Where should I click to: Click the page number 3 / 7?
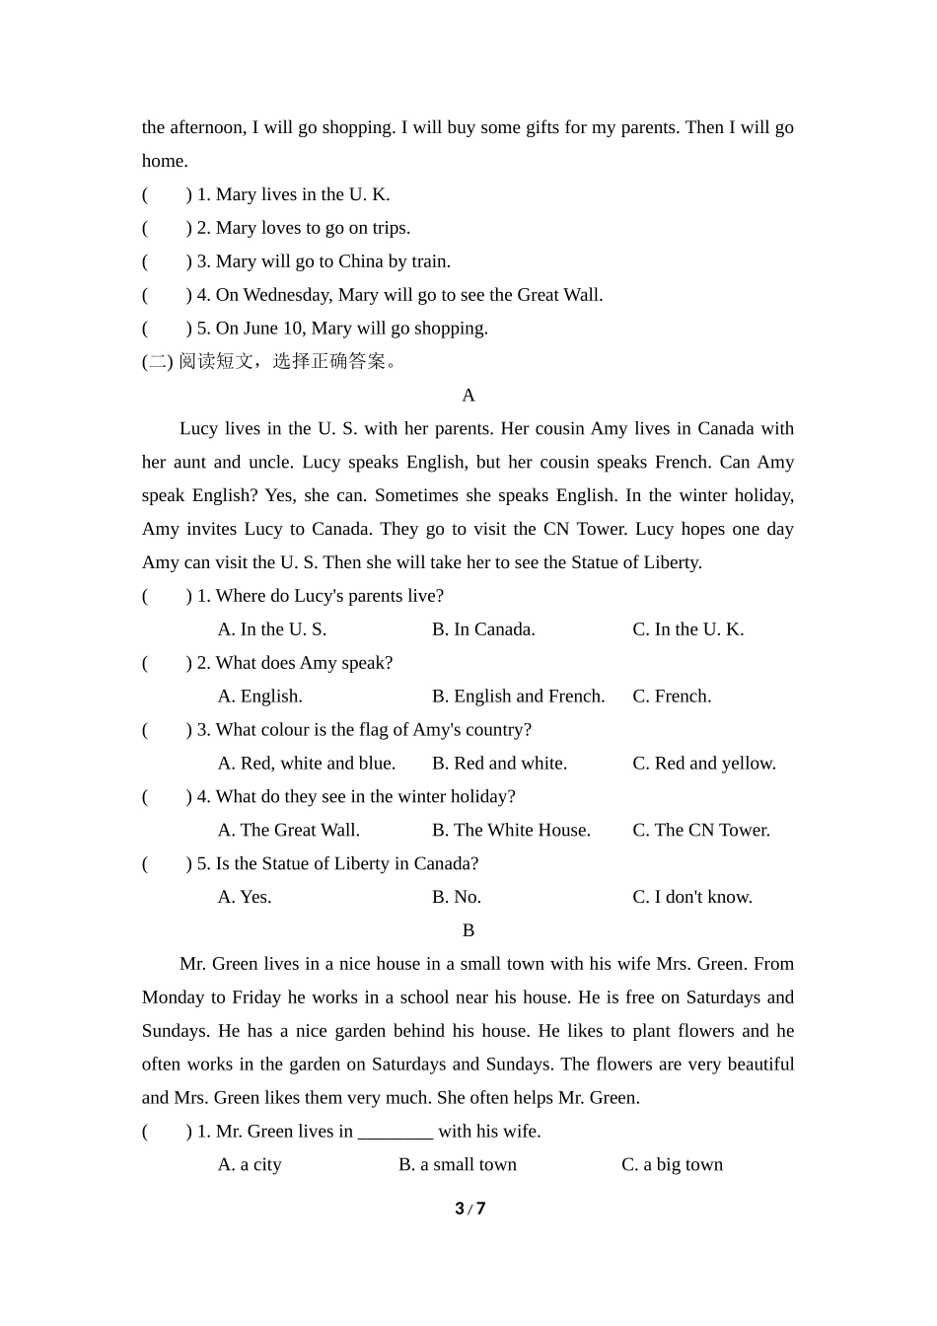(469, 1209)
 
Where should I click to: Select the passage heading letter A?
(468, 396)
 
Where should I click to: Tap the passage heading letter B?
(468, 930)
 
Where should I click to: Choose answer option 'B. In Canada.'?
(483, 629)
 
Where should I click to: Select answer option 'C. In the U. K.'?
(687, 629)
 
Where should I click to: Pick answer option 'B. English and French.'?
(518, 697)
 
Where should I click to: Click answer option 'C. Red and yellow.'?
(703, 764)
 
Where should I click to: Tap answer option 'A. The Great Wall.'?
(288, 831)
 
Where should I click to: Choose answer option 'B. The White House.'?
(511, 831)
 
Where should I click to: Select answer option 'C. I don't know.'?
(691, 898)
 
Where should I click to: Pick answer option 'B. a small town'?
(457, 1165)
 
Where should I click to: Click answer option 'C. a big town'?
(672, 1165)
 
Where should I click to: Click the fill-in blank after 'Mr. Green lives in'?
(396, 1133)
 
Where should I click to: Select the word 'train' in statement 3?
(427, 262)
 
